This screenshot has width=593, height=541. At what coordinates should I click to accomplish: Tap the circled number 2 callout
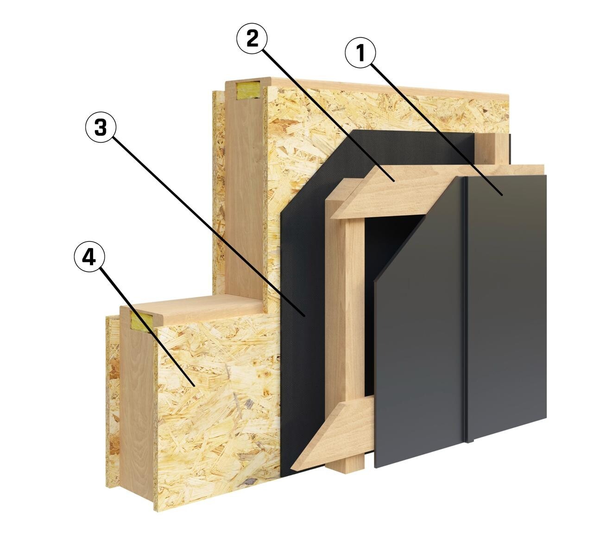[x=252, y=38]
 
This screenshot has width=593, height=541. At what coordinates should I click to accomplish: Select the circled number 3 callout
[x=101, y=127]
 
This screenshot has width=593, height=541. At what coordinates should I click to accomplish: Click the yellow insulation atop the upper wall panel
[x=248, y=90]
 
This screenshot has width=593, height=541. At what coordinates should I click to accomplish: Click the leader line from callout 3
[x=208, y=226]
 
